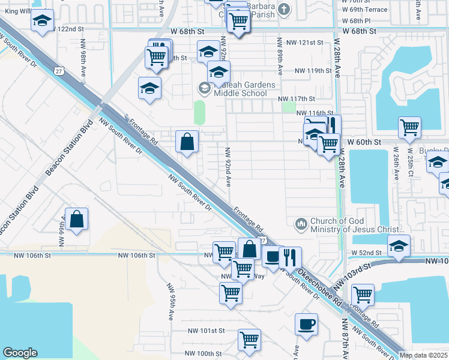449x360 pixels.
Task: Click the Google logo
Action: (20, 353)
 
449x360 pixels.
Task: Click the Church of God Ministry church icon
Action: (301, 224)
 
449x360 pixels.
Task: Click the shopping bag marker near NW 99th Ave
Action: (77, 220)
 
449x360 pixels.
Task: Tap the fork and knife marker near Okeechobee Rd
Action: (290, 257)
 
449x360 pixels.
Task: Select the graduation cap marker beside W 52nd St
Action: (399, 245)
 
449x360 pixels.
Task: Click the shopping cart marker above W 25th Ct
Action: (409, 127)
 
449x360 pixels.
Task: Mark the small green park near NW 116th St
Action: (289, 107)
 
